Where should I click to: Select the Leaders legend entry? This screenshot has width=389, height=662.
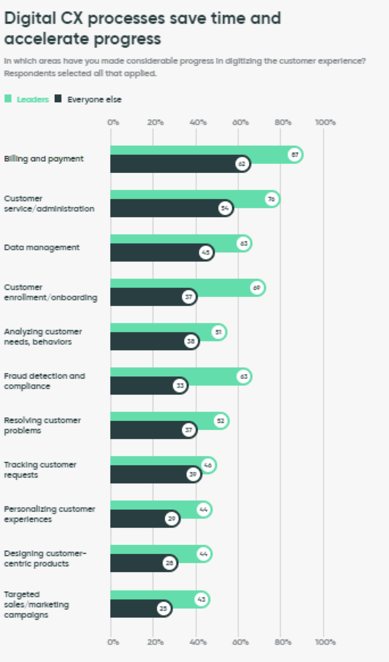[32, 99]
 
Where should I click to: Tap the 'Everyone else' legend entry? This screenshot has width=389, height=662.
[93, 99]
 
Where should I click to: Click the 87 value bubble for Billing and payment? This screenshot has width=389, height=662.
[295, 155]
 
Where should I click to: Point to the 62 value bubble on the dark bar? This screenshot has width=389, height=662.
[242, 164]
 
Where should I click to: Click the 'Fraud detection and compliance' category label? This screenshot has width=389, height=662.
[44, 381]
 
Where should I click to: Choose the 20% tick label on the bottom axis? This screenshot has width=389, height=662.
[155, 642]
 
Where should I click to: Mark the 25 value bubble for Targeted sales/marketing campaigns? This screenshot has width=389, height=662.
[163, 608]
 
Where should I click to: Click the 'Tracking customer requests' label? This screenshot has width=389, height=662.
[40, 469]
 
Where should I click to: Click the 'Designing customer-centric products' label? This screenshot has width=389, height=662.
[45, 558]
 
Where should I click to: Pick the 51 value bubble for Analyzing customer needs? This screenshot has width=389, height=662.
[218, 332]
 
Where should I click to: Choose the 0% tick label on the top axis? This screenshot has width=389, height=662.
[113, 122]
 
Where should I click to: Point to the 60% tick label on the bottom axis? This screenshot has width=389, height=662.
[240, 642]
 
